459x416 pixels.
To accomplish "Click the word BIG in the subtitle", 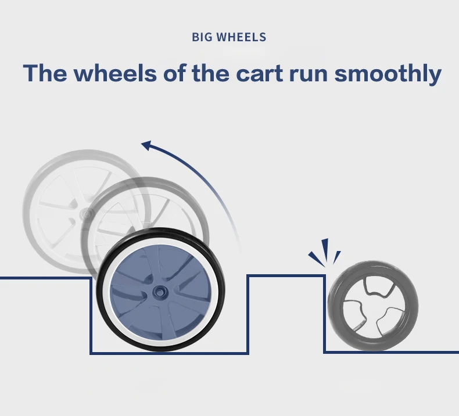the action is coord(201,38).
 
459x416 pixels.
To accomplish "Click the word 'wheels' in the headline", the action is coord(118,74).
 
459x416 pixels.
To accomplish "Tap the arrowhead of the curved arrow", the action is coord(146,146).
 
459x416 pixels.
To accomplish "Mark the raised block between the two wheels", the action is coord(286,314).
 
